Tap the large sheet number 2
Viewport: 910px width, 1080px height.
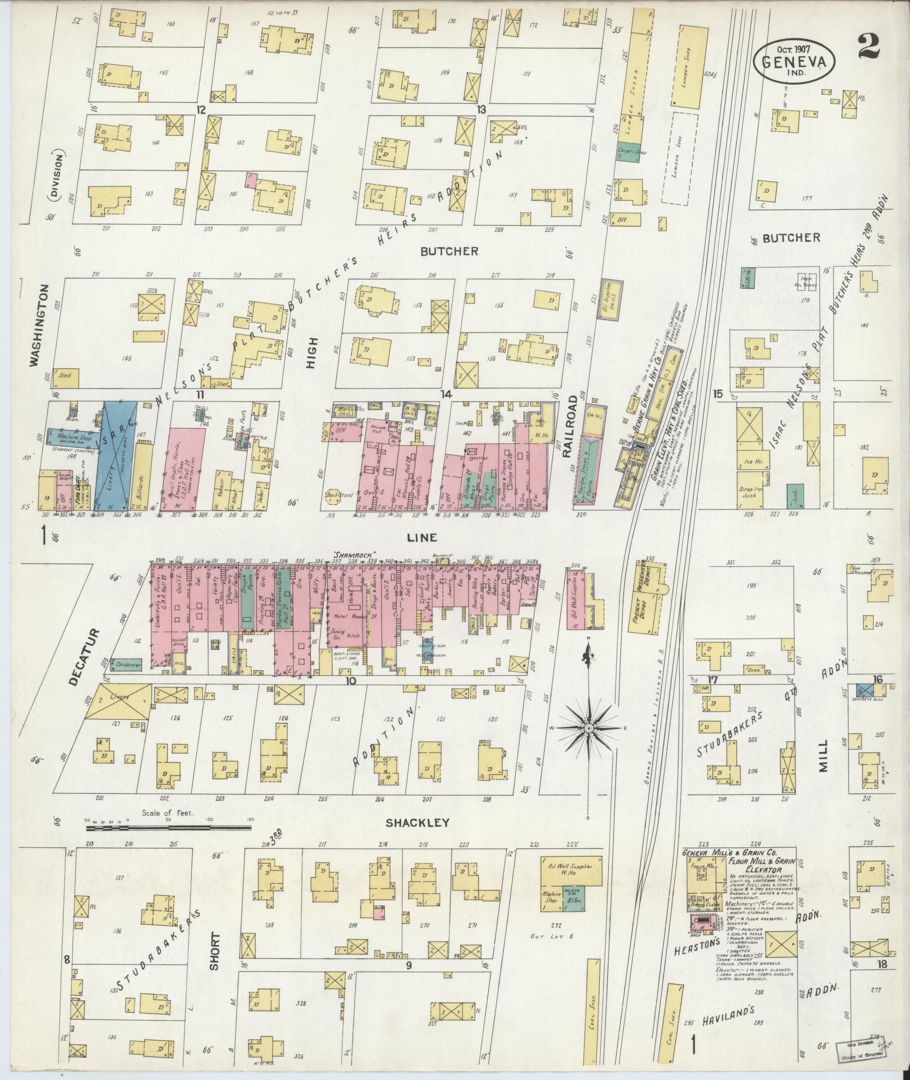click(868, 46)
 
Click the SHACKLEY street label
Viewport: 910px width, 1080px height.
click(417, 823)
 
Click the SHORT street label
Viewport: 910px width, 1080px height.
click(214, 951)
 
